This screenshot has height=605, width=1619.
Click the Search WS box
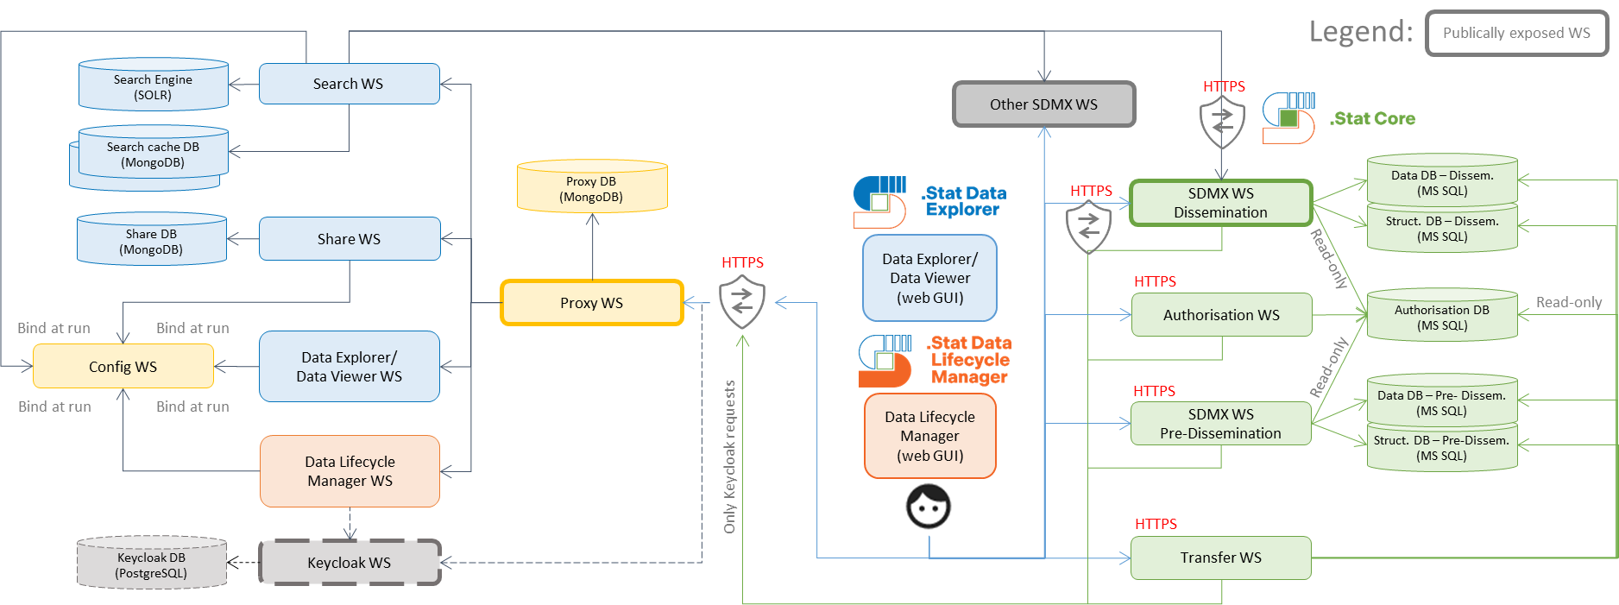point(349,84)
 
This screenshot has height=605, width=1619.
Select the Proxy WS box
point(591,303)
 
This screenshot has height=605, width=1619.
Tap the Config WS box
point(123,367)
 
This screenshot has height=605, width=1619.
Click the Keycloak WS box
point(350,563)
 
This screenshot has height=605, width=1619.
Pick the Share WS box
point(349,239)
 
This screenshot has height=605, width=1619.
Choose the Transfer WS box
point(1220,558)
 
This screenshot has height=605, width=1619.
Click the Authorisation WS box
point(1220,315)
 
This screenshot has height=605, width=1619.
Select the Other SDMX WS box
point(1043,104)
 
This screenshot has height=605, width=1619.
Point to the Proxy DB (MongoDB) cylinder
point(591,187)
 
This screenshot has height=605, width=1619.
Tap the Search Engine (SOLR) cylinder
point(153,86)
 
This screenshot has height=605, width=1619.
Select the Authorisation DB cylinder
point(1441,317)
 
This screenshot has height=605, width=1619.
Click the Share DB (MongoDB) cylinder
point(151,241)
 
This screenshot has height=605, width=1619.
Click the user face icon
point(929,507)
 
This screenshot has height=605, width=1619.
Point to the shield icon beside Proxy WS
point(741,301)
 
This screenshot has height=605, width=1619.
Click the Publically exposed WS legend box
point(1515,33)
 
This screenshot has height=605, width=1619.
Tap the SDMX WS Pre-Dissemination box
point(1220,424)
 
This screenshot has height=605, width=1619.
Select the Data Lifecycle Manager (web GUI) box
point(929,436)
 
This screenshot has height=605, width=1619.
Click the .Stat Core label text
point(1372,118)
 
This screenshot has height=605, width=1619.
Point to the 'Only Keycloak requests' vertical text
point(730,457)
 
